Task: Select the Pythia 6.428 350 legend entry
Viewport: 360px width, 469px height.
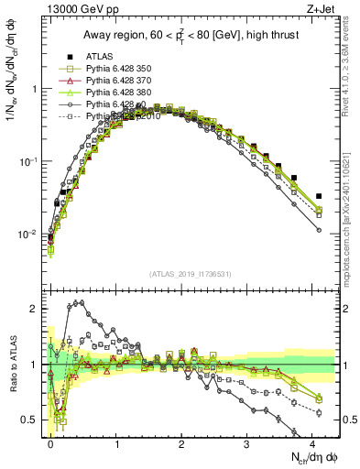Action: pyautogui.click(x=118, y=69)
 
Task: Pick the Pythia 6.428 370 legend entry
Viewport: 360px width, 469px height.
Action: pyautogui.click(x=118, y=81)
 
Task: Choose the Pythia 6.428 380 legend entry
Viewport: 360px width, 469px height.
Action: pyautogui.click(x=118, y=93)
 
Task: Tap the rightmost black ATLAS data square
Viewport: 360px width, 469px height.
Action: pyautogui.click(x=319, y=196)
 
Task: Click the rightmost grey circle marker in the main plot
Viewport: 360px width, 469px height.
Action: pyautogui.click(x=319, y=230)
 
